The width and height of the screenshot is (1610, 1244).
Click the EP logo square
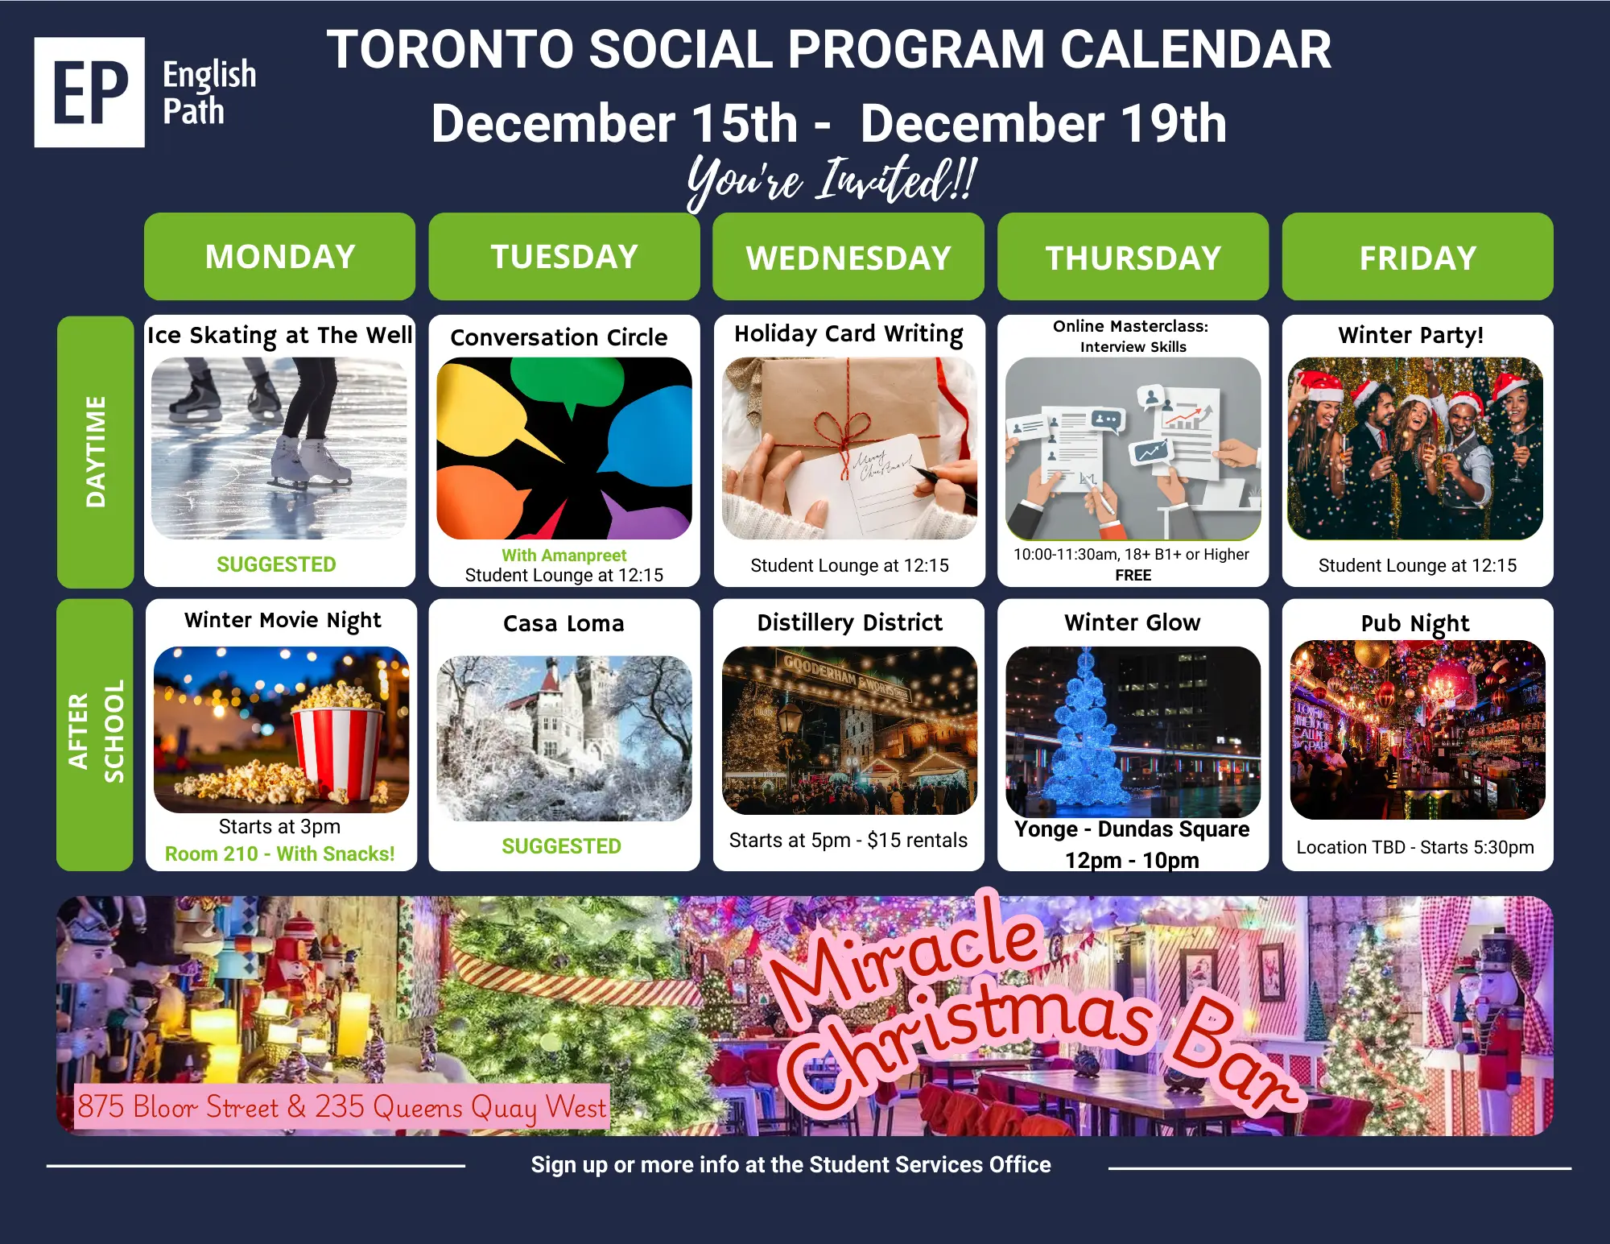[x=89, y=92]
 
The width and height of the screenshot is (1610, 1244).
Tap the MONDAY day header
[x=279, y=256]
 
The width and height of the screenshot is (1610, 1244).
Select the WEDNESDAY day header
[x=848, y=256]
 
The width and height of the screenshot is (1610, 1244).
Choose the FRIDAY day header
[x=1418, y=256]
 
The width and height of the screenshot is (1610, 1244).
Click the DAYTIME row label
[x=95, y=452]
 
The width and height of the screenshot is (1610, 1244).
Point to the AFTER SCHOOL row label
[x=95, y=734]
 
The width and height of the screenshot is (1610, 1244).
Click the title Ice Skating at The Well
[x=279, y=335]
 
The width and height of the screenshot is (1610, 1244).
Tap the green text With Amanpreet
[x=563, y=555]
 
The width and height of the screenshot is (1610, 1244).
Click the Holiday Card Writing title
[x=848, y=334]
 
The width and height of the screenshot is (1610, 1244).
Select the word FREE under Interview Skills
[x=1133, y=575]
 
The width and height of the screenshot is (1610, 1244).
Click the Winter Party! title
[x=1410, y=335]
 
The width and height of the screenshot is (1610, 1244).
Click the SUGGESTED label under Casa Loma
[x=561, y=846]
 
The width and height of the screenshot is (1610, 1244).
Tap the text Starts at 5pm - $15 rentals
[x=848, y=840]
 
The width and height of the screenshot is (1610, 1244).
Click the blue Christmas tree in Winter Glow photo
[x=1085, y=733]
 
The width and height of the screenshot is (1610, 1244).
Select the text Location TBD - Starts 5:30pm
[x=1415, y=847]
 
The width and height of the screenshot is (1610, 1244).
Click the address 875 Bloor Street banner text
[x=341, y=1107]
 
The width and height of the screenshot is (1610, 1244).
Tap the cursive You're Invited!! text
[x=832, y=180]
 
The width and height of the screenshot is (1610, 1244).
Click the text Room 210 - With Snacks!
[x=279, y=853]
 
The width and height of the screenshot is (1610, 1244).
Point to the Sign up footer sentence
[x=791, y=1164]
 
